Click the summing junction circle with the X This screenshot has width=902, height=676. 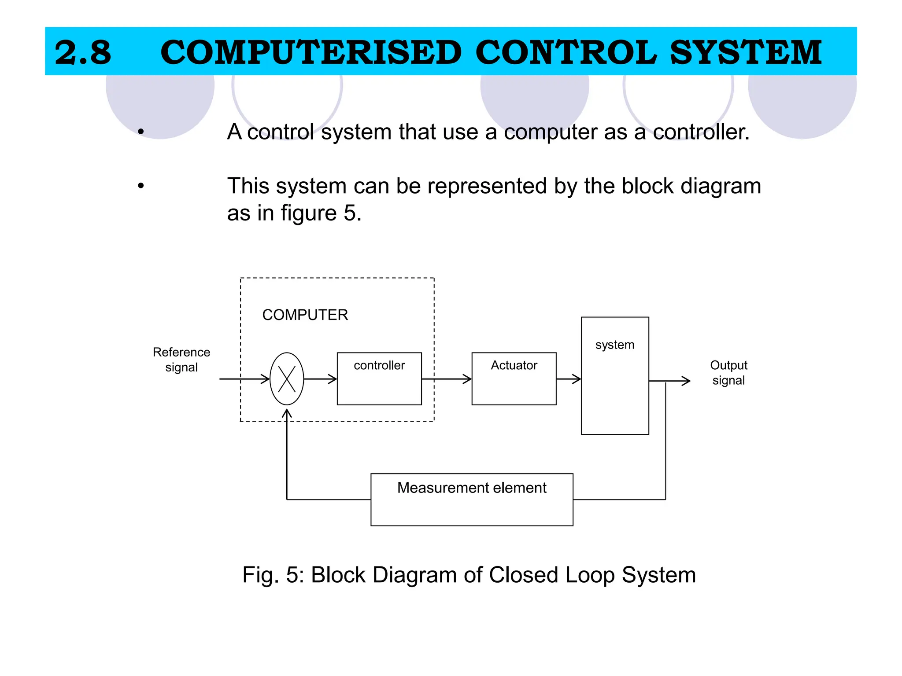(287, 378)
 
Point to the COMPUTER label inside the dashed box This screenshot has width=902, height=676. (305, 315)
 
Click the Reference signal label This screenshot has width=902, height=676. (181, 360)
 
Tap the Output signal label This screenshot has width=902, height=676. (728, 372)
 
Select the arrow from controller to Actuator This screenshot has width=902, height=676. (447, 379)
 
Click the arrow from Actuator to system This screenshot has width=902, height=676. (569, 379)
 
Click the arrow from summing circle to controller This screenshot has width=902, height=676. (321, 379)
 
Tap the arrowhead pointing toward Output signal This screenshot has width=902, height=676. (685, 381)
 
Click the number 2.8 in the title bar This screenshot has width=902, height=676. (83, 52)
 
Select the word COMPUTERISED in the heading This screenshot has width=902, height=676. (311, 52)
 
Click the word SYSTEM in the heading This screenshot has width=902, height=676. (746, 52)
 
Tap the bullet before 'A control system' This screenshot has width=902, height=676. (140, 131)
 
